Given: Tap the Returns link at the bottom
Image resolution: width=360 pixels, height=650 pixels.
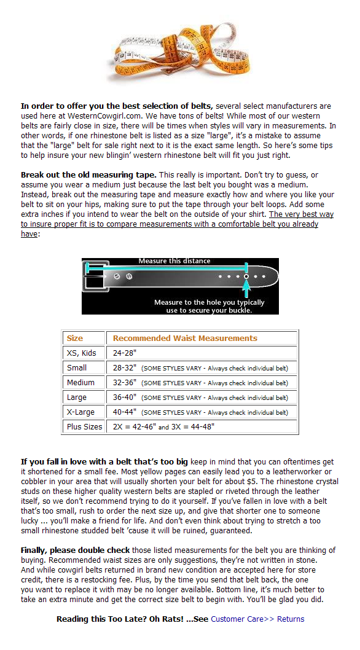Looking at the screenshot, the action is pos(291,619).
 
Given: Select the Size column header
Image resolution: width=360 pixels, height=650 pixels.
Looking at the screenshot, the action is pos(75,339).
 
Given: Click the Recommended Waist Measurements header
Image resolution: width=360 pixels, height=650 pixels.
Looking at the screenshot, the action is pos(185,339).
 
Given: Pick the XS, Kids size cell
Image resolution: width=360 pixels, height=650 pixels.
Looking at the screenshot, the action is pos(81,353).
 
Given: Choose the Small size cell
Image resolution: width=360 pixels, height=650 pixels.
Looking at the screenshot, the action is pos(77,367).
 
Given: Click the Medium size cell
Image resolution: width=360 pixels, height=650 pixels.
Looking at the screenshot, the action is pos(80,383).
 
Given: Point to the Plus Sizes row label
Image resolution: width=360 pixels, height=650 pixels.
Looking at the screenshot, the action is pos(84,426).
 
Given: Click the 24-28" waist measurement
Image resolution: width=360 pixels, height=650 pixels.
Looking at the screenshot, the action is pos(125,353).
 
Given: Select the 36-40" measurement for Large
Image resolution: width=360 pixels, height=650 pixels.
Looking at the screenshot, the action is pos(125,397).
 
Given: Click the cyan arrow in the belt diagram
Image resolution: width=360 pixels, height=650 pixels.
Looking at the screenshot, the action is pos(247,289).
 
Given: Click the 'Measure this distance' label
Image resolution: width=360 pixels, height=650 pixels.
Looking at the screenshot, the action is pos(174,261).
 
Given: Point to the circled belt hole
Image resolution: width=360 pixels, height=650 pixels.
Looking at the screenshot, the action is pos(246,276).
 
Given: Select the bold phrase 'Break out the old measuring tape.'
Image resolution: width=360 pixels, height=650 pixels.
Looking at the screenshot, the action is pos(88,175).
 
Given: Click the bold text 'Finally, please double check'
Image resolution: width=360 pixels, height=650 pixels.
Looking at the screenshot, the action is pos(76,550).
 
